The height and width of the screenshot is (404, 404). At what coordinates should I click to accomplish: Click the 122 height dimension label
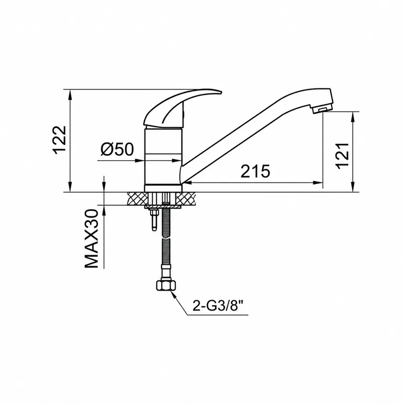pos(60,140)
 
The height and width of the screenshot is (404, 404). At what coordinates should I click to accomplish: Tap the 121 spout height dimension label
pos(342,156)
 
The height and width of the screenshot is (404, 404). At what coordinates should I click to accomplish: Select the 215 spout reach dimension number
pos(255,171)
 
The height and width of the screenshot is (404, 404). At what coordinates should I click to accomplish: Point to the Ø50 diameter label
pos(117,149)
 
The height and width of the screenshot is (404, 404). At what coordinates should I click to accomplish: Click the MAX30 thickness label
pos(91,239)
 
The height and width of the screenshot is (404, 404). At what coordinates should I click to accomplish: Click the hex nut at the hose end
pos(166,286)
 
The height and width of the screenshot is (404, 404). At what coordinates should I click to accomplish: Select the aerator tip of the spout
pos(322,109)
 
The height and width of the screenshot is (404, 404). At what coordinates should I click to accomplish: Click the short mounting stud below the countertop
pos(154,220)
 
